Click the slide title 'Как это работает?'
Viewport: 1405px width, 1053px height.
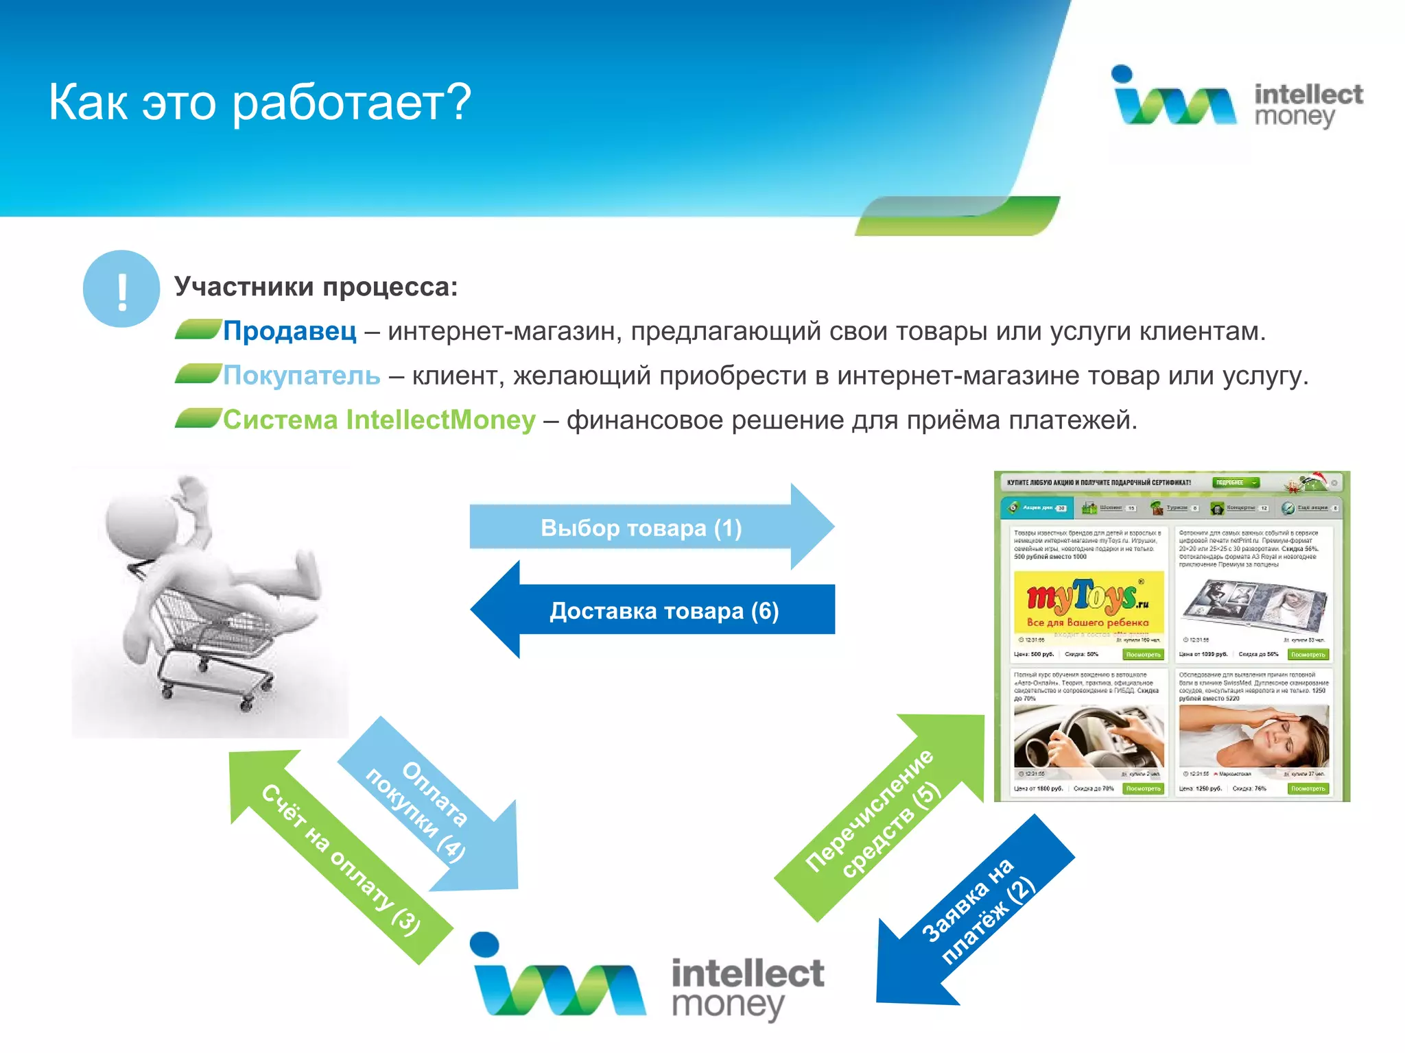pyautogui.click(x=259, y=103)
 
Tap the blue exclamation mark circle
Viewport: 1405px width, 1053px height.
pyautogui.click(x=121, y=289)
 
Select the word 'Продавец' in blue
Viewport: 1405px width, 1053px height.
pyautogui.click(x=290, y=331)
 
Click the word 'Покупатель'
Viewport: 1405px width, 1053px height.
pyautogui.click(x=301, y=376)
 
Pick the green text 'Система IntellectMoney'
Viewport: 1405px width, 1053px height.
pyautogui.click(x=379, y=420)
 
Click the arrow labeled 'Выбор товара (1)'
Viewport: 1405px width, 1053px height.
pyautogui.click(x=641, y=527)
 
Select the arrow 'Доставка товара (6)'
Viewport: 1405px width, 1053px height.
pyautogui.click(x=664, y=610)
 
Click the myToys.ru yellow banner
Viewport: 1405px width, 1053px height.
pyautogui.click(x=1088, y=601)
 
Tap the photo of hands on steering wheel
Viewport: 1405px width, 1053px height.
pyautogui.click(x=1088, y=737)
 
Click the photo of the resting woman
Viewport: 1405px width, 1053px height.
pyautogui.click(x=1253, y=737)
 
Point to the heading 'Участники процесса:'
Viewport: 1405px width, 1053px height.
pyautogui.click(x=316, y=287)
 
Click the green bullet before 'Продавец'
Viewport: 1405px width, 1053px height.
pyautogui.click(x=198, y=330)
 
